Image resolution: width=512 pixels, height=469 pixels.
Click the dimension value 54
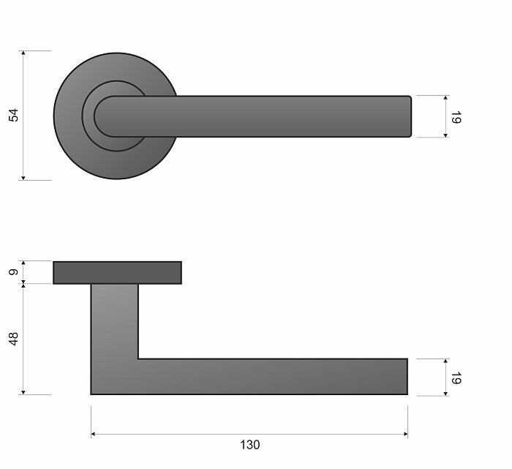14,116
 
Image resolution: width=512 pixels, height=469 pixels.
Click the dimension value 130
250,445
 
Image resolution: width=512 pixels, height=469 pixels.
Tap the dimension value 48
14,339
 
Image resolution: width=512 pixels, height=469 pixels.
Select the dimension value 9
13,272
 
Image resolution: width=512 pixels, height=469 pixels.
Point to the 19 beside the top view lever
456,117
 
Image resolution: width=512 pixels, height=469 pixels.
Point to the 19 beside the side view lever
456,378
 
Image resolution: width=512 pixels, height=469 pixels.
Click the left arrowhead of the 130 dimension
93,434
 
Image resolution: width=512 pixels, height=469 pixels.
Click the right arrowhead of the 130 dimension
405,434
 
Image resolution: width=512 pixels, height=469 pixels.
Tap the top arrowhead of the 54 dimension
23,53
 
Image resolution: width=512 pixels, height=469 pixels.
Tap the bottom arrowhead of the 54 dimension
23,178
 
